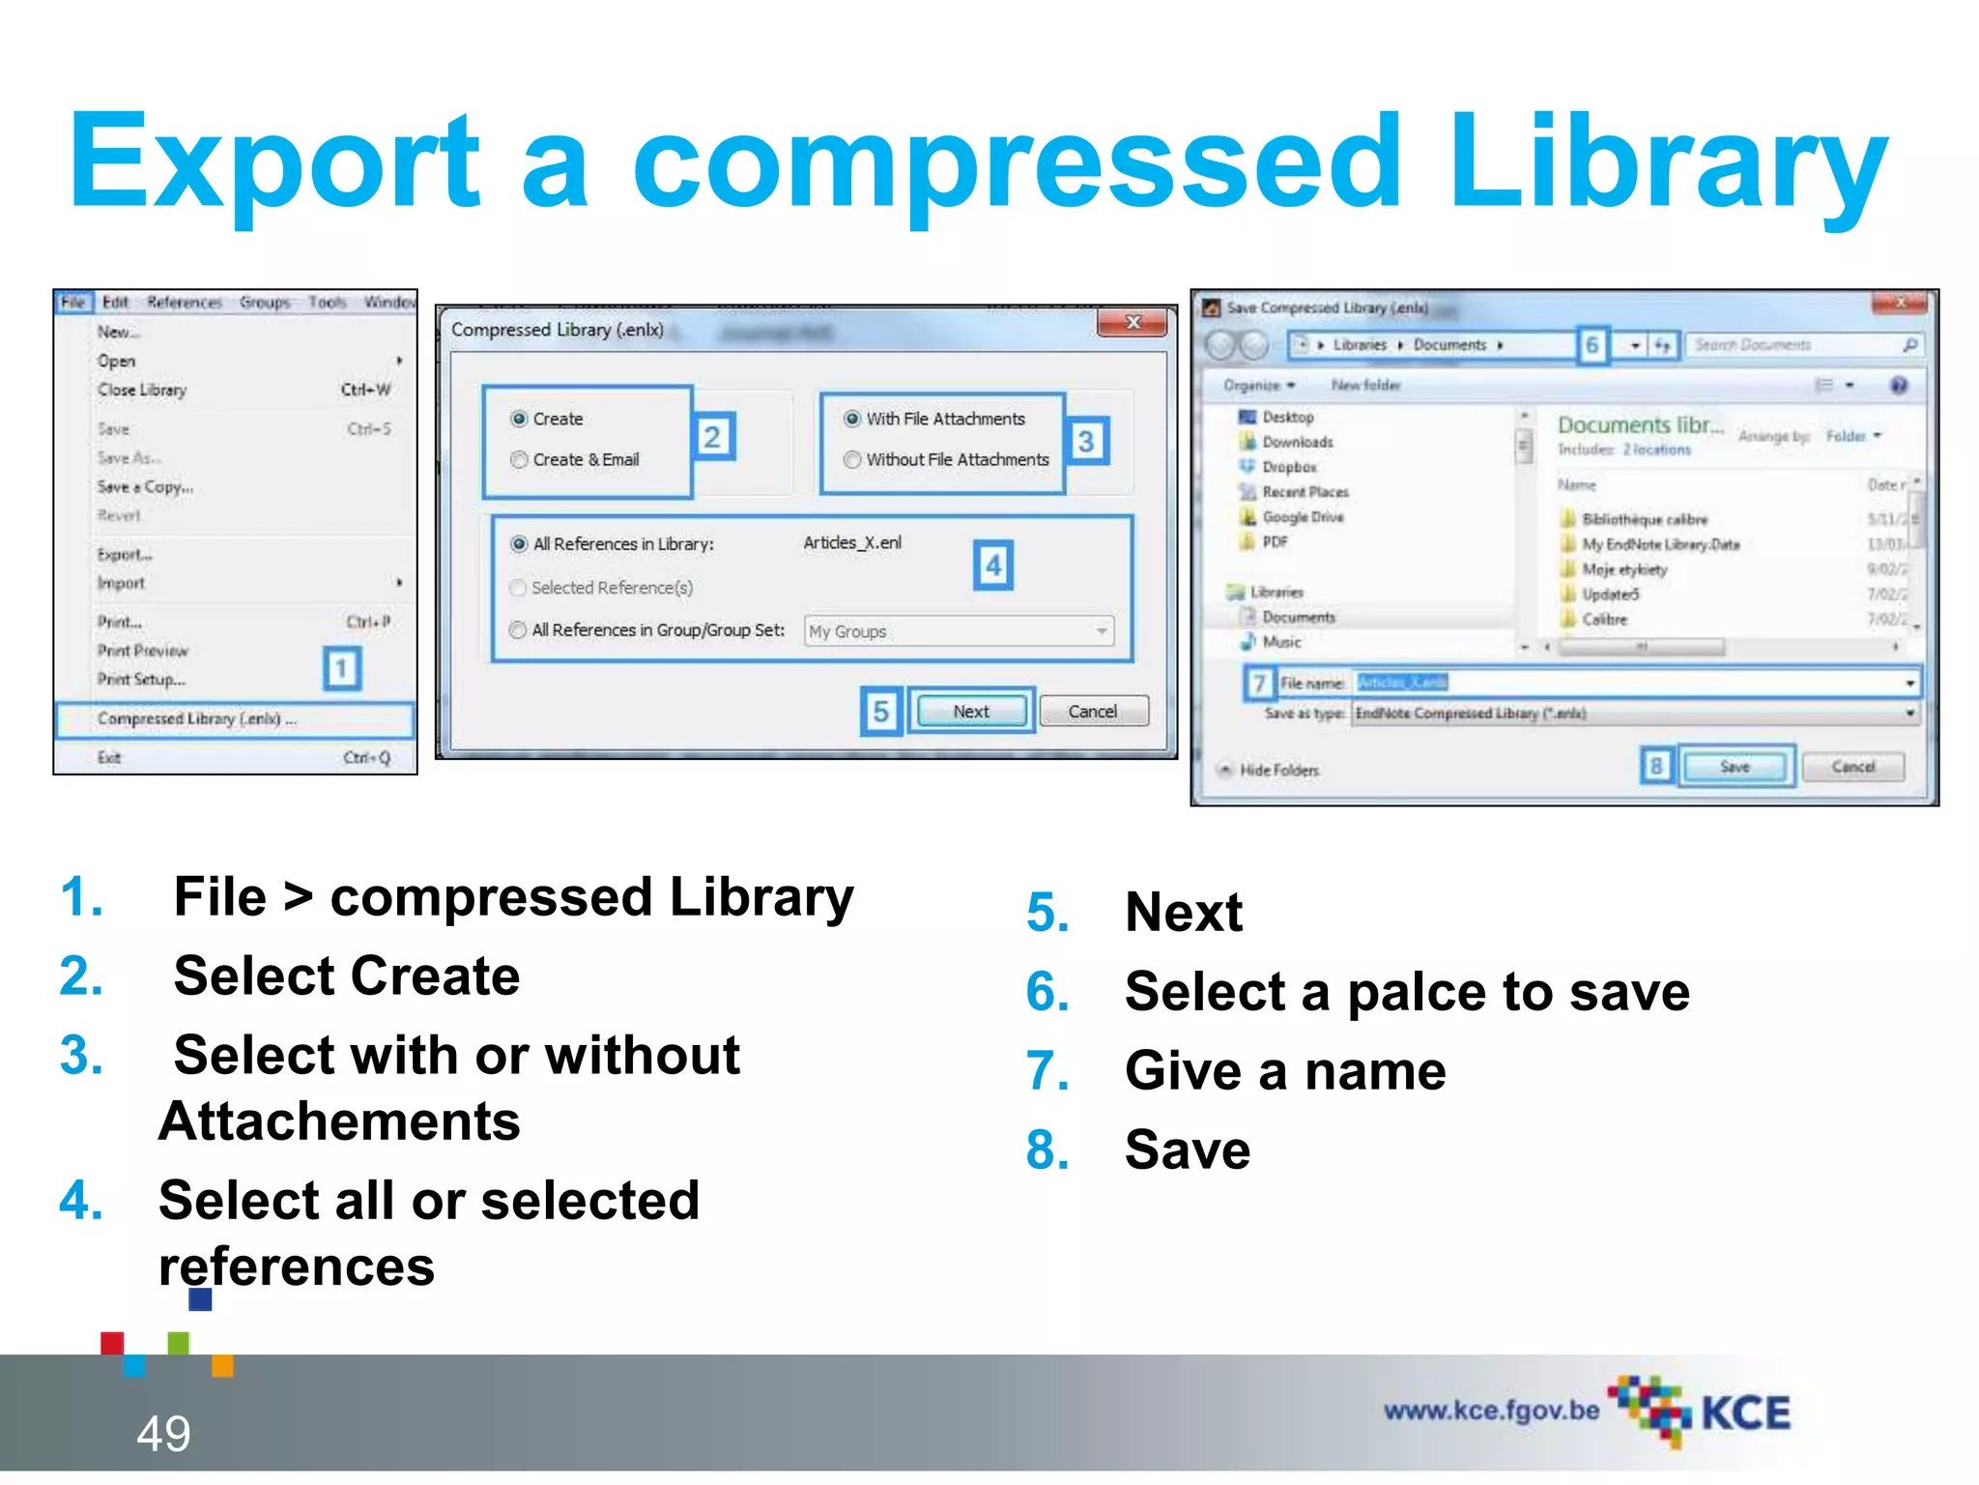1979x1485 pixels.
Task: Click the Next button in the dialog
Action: (971, 712)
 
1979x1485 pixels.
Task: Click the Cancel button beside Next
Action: (1093, 712)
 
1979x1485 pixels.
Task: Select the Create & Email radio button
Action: (520, 460)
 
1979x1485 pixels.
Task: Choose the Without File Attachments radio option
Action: (852, 460)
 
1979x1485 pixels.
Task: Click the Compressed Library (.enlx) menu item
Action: (197, 719)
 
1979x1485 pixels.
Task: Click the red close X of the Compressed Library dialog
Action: (1134, 323)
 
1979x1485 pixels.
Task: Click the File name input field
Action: (1633, 683)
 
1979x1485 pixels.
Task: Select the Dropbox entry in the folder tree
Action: (1289, 467)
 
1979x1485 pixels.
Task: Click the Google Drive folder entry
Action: (1303, 517)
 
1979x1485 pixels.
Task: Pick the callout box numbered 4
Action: (993, 566)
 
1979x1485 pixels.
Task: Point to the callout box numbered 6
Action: (1592, 345)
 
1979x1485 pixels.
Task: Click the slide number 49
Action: (163, 1433)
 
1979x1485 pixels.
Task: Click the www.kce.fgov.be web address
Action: (1491, 1411)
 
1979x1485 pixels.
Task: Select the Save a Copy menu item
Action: (145, 487)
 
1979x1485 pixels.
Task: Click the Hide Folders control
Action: (1277, 771)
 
